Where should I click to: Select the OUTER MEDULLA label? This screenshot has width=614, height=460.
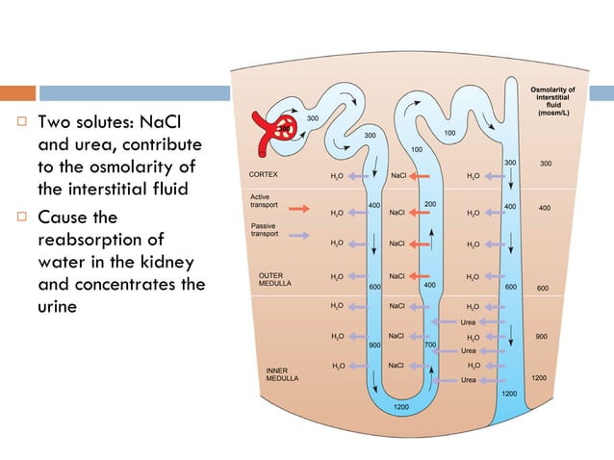270,279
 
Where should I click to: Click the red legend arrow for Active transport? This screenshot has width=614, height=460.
299,207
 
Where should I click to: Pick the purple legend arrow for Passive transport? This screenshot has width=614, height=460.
299,234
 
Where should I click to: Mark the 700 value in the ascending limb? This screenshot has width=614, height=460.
430,344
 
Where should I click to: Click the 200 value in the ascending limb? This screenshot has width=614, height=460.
430,205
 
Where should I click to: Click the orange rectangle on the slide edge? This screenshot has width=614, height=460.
17,93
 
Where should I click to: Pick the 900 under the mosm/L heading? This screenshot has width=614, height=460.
542,337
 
